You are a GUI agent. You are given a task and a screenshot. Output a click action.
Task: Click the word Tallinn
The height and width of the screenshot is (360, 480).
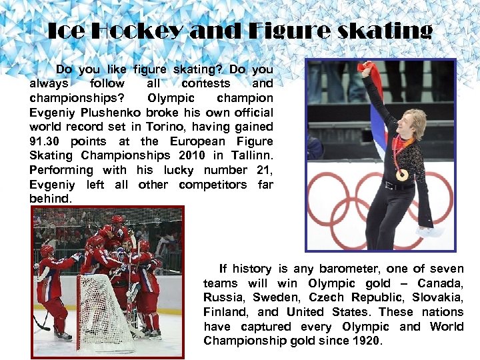pyautogui.click(x=251, y=155)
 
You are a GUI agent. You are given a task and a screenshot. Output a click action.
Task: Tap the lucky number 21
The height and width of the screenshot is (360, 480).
pyautogui.click(x=262, y=170)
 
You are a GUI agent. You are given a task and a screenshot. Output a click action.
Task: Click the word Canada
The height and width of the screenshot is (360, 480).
pyautogui.click(x=443, y=283)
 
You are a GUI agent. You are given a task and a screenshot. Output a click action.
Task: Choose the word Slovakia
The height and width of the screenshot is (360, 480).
pyautogui.click(x=436, y=297)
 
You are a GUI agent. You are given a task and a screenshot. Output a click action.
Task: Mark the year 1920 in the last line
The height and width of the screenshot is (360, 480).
pyautogui.click(x=367, y=341)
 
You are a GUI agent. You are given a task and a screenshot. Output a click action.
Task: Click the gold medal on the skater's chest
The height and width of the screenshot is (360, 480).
pyautogui.click(x=402, y=175)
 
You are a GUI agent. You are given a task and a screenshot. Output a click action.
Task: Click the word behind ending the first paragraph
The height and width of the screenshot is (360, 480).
pyautogui.click(x=51, y=199)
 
